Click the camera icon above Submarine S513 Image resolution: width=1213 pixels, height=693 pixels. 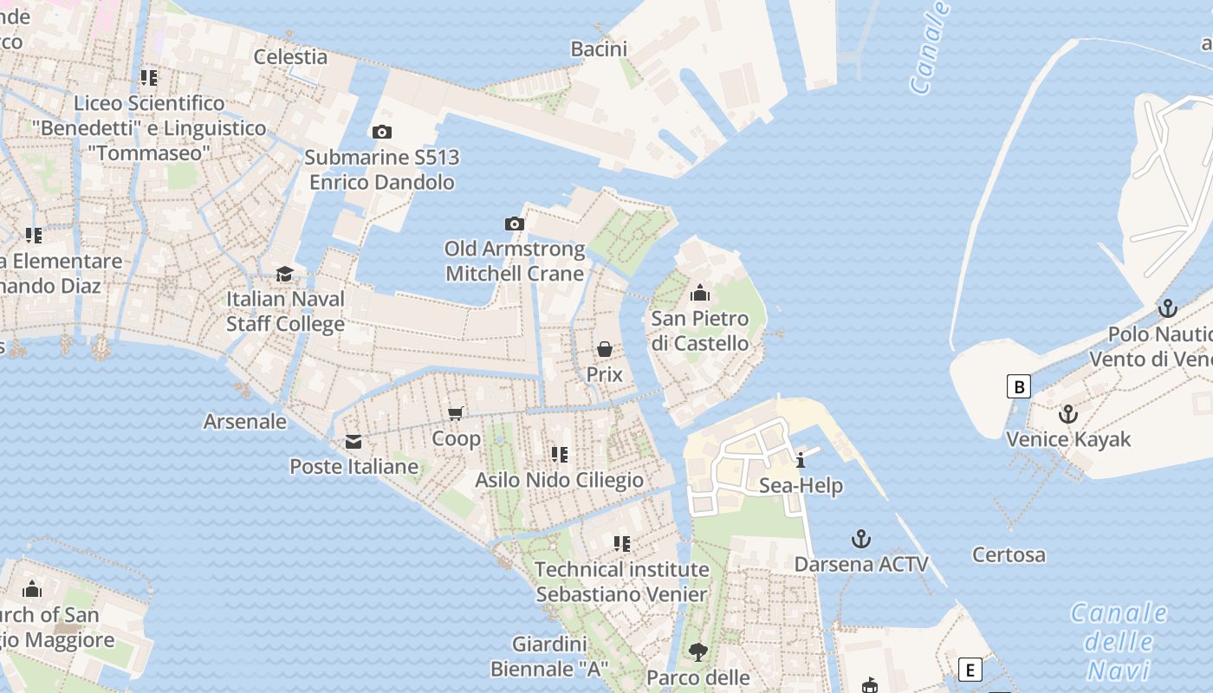pos(381,133)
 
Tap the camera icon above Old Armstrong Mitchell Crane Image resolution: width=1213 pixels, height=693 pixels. pos(515,224)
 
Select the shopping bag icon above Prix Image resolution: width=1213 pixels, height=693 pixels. pos(605,349)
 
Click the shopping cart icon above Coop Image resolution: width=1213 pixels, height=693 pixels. pos(456,414)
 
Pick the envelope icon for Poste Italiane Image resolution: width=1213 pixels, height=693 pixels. pos(354,443)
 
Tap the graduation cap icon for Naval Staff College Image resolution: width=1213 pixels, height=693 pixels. pos(284,275)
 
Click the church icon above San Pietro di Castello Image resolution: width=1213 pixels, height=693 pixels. pos(700,294)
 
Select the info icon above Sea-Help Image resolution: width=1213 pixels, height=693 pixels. pos(801,460)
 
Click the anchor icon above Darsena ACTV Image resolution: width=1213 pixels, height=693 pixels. pos(860,539)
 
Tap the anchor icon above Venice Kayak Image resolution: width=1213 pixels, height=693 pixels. pos(1067,414)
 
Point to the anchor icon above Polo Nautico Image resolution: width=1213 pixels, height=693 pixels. pos(1168,308)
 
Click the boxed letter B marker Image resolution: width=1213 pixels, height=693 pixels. pos(1019,386)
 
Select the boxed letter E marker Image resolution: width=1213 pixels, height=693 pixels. pos(970,670)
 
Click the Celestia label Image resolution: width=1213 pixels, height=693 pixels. pos(290,57)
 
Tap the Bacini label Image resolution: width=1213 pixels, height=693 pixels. pos(599,49)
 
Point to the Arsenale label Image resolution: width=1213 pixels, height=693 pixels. pos(244,422)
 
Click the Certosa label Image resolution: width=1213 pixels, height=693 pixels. pos(1009,554)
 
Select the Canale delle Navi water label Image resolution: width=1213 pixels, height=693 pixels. pos(1118,641)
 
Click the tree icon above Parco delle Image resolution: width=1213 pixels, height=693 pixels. pos(697,651)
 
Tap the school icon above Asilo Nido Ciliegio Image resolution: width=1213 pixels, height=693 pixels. pos(560,455)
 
